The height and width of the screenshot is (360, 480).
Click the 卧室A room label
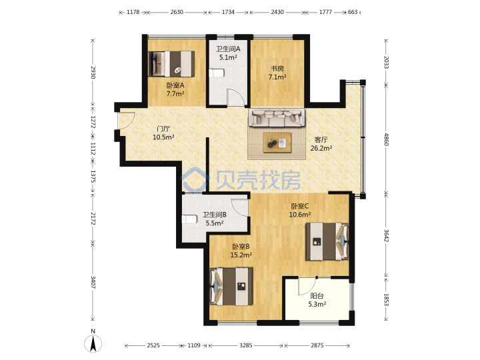click(x=175, y=85)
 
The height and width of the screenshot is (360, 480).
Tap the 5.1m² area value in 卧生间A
click(x=229, y=57)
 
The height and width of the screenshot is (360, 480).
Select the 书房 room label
click(x=277, y=69)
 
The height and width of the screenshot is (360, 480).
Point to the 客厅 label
click(x=321, y=140)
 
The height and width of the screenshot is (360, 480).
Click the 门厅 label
click(x=163, y=129)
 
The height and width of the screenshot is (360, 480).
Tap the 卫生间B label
click(x=214, y=215)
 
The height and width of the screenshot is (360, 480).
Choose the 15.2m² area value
click(x=241, y=255)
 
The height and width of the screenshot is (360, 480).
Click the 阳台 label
click(x=317, y=296)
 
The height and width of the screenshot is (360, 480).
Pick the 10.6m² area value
click(x=300, y=215)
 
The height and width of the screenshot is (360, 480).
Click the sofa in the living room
click(x=277, y=117)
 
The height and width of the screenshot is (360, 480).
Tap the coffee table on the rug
click(x=277, y=143)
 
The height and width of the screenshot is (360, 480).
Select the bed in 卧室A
click(x=171, y=64)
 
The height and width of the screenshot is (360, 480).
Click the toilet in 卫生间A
click(x=217, y=73)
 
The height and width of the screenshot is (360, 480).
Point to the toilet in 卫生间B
click(x=189, y=219)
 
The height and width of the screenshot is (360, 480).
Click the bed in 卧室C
click(x=327, y=241)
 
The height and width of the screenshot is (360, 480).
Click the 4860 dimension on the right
click(x=386, y=139)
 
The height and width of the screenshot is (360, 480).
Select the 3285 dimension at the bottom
click(x=245, y=345)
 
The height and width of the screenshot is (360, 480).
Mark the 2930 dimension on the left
click(x=93, y=72)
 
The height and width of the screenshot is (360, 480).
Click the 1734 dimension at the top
click(x=228, y=12)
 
